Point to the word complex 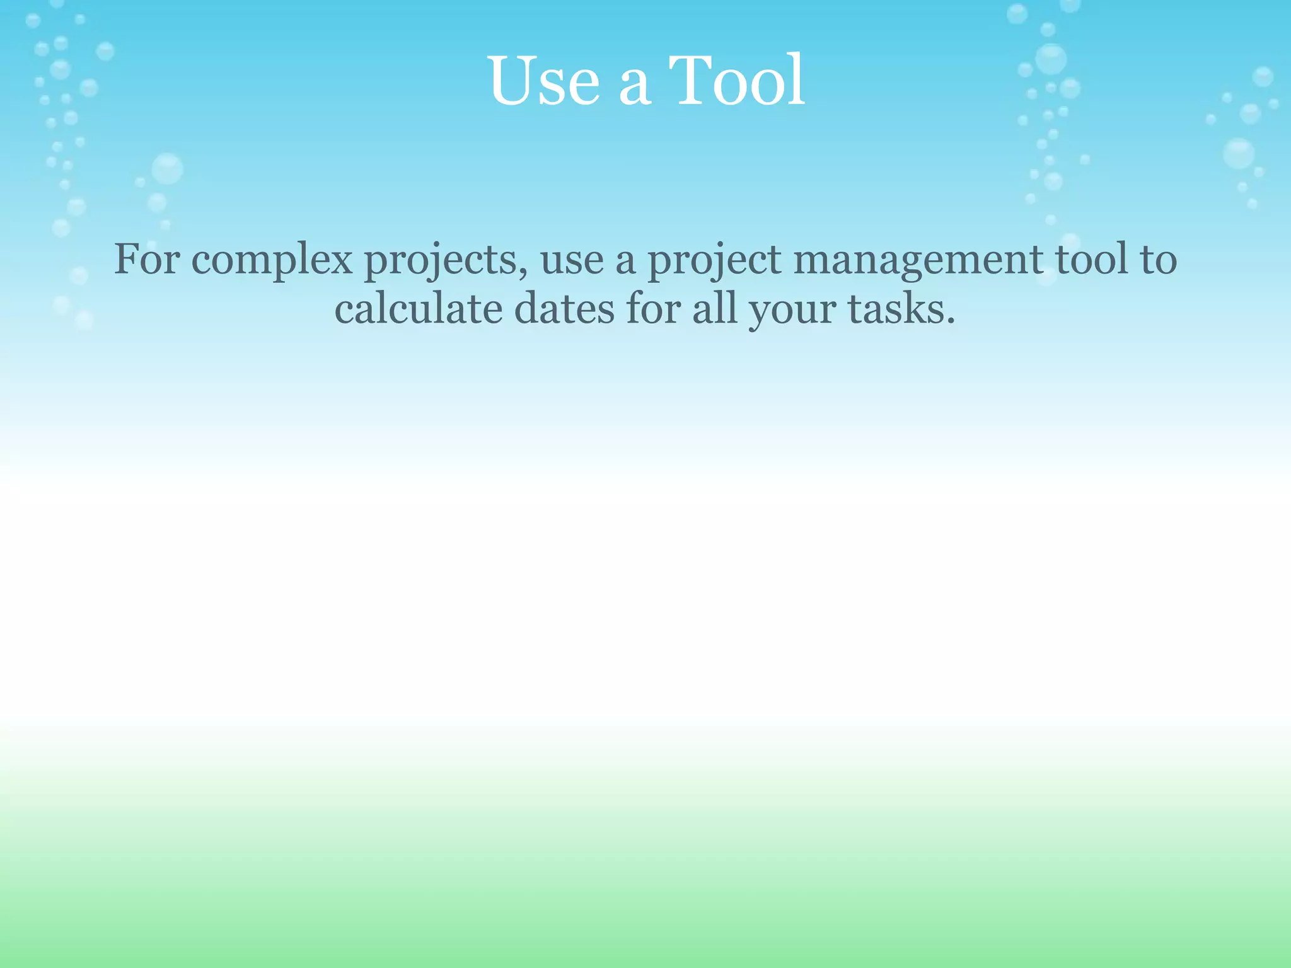tap(272, 260)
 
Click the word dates tap(564, 309)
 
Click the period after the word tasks tap(950, 321)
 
